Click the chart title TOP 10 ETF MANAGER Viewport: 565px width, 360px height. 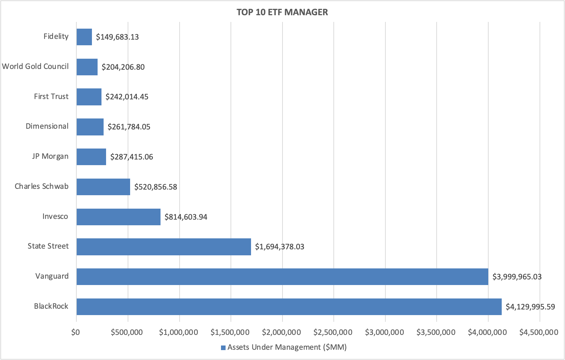coord(282,12)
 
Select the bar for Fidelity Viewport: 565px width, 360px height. coord(84,37)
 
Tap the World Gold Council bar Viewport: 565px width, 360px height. coord(87,67)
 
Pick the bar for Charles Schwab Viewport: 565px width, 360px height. coord(103,187)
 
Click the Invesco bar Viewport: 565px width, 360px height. coord(118,217)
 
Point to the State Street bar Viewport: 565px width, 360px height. coord(164,247)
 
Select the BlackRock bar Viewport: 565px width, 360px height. coord(289,307)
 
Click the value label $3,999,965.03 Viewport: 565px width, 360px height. coord(517,277)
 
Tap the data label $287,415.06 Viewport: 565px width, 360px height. coord(132,157)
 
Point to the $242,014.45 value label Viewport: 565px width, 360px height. coord(127,97)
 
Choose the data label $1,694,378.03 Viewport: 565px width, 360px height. coord(279,247)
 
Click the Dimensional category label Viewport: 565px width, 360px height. coord(47,126)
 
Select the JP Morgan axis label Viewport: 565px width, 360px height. coord(50,156)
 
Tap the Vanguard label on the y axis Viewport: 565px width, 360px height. coord(52,276)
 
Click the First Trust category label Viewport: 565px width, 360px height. coord(51,97)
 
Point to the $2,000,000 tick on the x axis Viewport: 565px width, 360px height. coord(281,332)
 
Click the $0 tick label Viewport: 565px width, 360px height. coord(75,332)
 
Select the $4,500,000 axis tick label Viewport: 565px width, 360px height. coord(538,332)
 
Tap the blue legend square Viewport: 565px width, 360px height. coord(223,348)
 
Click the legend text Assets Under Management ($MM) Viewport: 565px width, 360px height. coord(287,347)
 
